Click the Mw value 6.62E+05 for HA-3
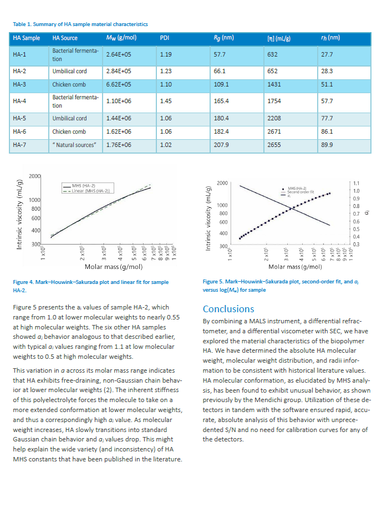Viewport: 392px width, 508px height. pyautogui.click(x=118, y=85)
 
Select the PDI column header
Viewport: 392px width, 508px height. pyautogui.click(x=164, y=38)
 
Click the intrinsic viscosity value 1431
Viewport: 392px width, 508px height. pyautogui.click(x=274, y=85)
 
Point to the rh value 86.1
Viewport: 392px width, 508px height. pyautogui.click(x=327, y=132)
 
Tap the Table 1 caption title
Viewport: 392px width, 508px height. pyautogui.click(x=80, y=24)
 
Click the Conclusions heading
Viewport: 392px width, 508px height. pyautogui.click(x=228, y=309)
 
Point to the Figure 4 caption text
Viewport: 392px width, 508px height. pyautogui.click(x=90, y=286)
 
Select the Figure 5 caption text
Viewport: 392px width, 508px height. pyautogui.click(x=281, y=286)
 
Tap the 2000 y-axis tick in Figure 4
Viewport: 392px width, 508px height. pyautogui.click(x=34, y=176)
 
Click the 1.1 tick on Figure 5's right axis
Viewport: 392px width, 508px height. pyautogui.click(x=356, y=183)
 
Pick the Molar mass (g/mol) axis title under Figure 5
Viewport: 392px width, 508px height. pyautogui.click(x=292, y=267)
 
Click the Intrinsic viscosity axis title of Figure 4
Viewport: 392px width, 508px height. pyautogui.click(x=19, y=214)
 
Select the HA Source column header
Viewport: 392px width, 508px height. pyautogui.click(x=65, y=38)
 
